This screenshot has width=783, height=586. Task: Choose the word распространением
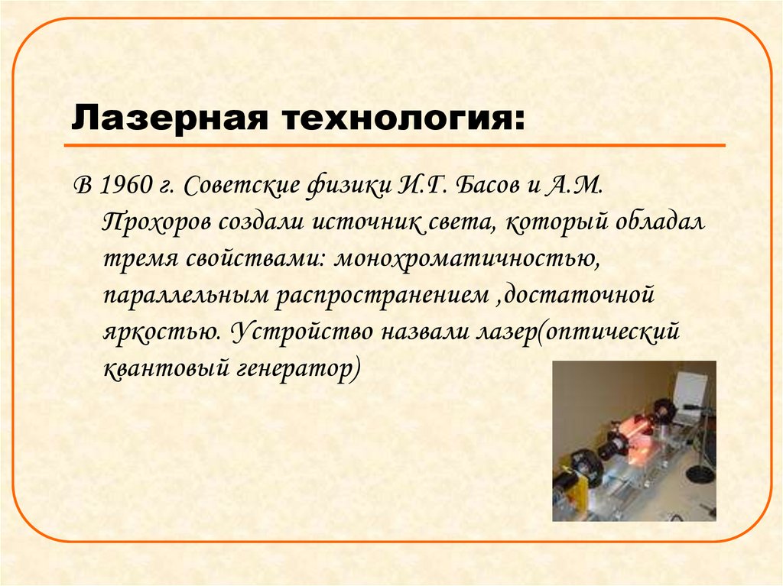(378, 295)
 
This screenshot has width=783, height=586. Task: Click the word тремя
(137, 258)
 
